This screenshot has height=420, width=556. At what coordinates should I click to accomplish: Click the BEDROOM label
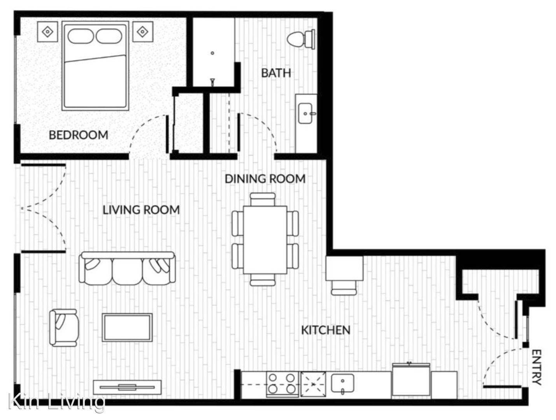pos(79,135)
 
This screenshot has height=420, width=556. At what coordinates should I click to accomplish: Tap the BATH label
pos(276,73)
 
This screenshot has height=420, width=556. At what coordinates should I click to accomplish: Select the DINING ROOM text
pos(265,179)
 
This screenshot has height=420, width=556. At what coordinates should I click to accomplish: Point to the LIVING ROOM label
pos(141,210)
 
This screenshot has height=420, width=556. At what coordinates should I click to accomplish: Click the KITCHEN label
pos(326,330)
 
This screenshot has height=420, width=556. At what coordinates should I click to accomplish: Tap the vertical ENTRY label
pos(536,367)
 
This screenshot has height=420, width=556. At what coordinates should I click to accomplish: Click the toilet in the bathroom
pos(301,39)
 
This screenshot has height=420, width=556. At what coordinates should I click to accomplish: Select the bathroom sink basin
pos(305,113)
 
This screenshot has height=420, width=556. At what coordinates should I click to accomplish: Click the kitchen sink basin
pos(342,383)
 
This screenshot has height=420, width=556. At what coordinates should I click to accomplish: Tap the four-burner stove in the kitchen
pos(282,384)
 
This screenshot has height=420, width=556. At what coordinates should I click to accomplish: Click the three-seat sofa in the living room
pos(127,268)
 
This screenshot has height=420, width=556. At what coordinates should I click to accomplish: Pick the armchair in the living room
pos(63,328)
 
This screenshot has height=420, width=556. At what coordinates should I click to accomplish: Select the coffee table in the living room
pos(127,327)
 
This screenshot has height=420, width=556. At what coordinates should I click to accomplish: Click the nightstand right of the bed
pos(143,31)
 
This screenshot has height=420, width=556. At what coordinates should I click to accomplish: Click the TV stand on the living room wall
pos(127,387)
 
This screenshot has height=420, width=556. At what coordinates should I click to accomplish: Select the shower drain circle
pos(212,53)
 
